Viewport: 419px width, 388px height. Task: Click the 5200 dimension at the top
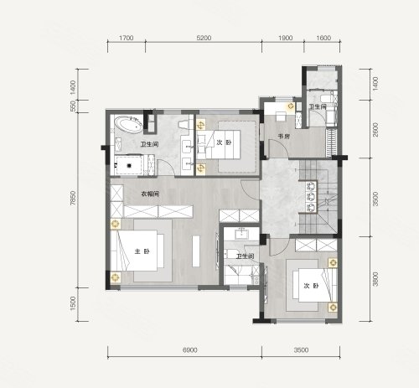[x=204, y=38]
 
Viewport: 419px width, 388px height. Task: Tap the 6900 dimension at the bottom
[x=189, y=349]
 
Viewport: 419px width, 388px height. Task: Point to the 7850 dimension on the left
[x=73, y=198]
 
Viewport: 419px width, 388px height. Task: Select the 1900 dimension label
[x=285, y=38]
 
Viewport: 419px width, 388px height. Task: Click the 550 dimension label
[x=73, y=106]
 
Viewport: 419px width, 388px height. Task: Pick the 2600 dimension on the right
[x=375, y=130]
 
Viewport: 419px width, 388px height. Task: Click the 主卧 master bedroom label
[x=142, y=251]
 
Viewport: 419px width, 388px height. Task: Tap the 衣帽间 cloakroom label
[x=150, y=194]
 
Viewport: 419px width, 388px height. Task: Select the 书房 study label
[x=283, y=137]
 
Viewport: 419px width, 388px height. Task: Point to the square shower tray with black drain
[x=129, y=166]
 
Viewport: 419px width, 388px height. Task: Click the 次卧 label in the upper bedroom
[x=224, y=142]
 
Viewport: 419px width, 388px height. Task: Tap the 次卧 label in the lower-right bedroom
[x=311, y=286]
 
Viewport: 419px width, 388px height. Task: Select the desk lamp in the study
[x=291, y=106]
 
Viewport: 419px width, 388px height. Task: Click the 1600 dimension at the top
[x=323, y=38]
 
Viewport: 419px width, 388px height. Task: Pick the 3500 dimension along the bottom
[x=301, y=349]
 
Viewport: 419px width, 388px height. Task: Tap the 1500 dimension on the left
[x=73, y=303]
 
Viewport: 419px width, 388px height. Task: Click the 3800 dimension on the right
[x=375, y=279]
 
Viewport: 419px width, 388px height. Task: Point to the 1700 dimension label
[x=127, y=38]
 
